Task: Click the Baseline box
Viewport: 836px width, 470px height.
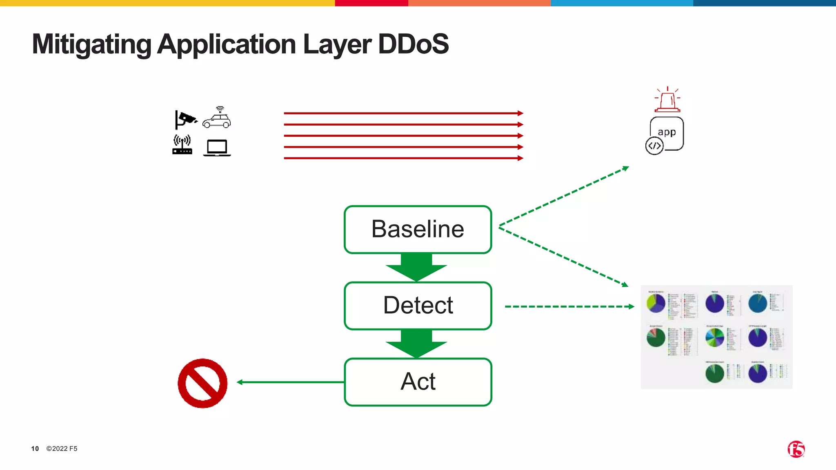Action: pos(418,229)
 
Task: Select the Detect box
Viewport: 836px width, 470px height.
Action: pos(418,306)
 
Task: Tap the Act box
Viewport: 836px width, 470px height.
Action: pos(418,382)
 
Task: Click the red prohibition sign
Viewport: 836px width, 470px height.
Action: pos(202,383)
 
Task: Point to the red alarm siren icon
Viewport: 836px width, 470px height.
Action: pos(667,100)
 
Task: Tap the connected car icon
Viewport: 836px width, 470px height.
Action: pos(217,118)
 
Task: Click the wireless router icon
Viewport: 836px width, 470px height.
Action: pos(182,145)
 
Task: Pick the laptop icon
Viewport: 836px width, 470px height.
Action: pos(217,148)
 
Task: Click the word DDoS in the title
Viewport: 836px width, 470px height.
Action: pos(413,44)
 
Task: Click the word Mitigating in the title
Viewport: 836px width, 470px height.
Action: pos(91,44)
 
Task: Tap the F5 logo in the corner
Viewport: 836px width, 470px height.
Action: pos(796,449)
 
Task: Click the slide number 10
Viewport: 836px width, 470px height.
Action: pos(35,448)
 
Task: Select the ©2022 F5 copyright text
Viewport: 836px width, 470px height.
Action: pos(62,448)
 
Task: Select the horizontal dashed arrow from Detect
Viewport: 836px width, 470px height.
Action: pos(569,306)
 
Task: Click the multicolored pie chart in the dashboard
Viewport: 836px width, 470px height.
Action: pos(715,338)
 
